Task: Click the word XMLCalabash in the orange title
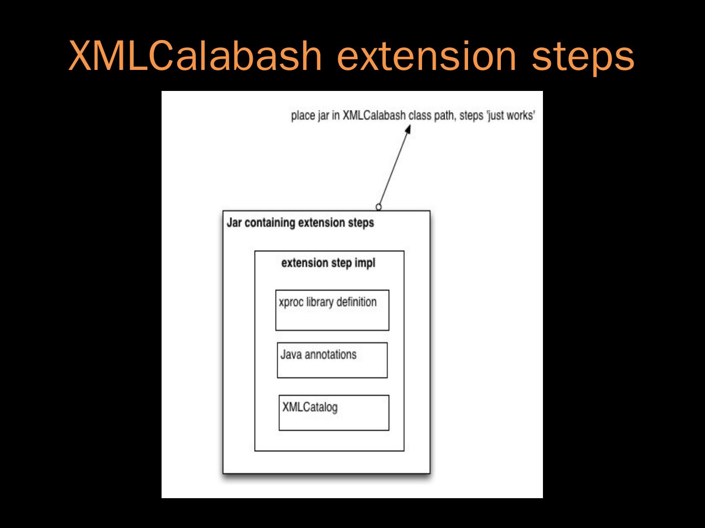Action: [195, 56]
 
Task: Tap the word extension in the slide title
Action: [426, 56]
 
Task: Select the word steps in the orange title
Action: [583, 58]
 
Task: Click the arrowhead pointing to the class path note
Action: [407, 129]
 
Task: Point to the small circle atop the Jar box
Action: [378, 207]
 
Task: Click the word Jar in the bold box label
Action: [234, 222]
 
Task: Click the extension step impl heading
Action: [328, 263]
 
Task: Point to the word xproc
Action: [291, 302]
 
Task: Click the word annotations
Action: [330, 354]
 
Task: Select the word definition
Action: [356, 302]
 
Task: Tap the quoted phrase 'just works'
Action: [511, 116]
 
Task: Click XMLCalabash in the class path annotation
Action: [374, 115]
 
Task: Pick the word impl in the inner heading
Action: [365, 263]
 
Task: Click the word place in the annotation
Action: [303, 116]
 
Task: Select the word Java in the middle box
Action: [291, 354]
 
